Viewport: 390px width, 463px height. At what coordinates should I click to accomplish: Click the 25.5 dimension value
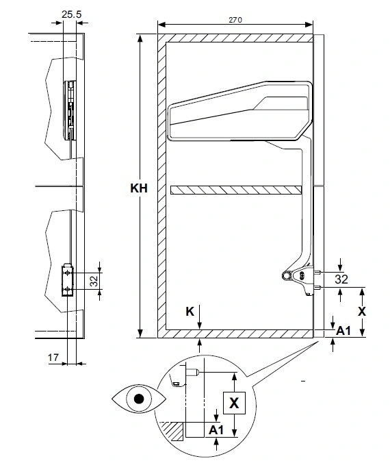pyautogui.click(x=71, y=14)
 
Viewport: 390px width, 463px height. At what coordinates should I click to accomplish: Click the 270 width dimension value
pyautogui.click(x=235, y=20)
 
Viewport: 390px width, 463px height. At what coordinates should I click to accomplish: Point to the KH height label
pyautogui.click(x=139, y=188)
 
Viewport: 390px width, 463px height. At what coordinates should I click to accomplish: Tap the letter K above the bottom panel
pyautogui.click(x=190, y=311)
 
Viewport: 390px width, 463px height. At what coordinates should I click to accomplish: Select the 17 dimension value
pyautogui.click(x=53, y=358)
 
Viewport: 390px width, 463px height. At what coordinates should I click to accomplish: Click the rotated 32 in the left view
pyautogui.click(x=94, y=281)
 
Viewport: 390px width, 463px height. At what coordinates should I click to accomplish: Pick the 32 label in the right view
pyautogui.click(x=341, y=279)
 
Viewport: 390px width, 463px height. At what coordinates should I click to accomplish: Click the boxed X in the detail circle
pyautogui.click(x=234, y=403)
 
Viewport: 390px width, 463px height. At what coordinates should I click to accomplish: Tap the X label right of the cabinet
pyautogui.click(x=362, y=311)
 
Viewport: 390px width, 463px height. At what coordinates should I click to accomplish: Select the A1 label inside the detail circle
pyautogui.click(x=216, y=430)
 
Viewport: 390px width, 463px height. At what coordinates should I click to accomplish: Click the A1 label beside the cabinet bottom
pyautogui.click(x=343, y=331)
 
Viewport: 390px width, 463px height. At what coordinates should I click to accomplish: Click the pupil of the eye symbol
pyautogui.click(x=139, y=399)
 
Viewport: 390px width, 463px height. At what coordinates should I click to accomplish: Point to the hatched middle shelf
pyautogui.click(x=236, y=190)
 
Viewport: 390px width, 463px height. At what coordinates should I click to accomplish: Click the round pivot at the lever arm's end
pyautogui.click(x=286, y=275)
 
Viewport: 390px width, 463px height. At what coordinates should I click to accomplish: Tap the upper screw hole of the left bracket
pyautogui.click(x=68, y=273)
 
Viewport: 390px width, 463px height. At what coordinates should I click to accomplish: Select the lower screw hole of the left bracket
pyautogui.click(x=68, y=289)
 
